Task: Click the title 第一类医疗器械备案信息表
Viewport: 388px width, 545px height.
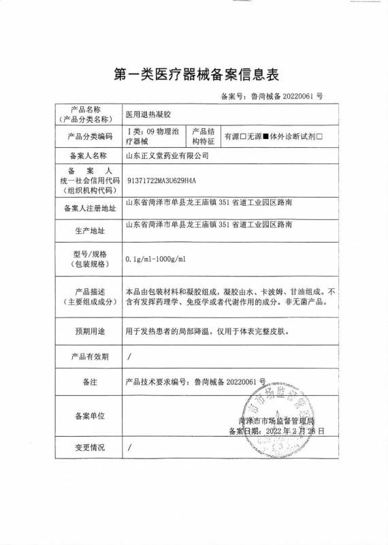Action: [194, 73]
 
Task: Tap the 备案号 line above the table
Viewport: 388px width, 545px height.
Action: [272, 97]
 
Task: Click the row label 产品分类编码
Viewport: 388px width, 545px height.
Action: [86, 136]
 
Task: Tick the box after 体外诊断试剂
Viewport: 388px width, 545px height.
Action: [329, 136]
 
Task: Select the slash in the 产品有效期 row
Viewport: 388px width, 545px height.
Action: [129, 356]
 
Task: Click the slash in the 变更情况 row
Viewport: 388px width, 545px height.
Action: [129, 448]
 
